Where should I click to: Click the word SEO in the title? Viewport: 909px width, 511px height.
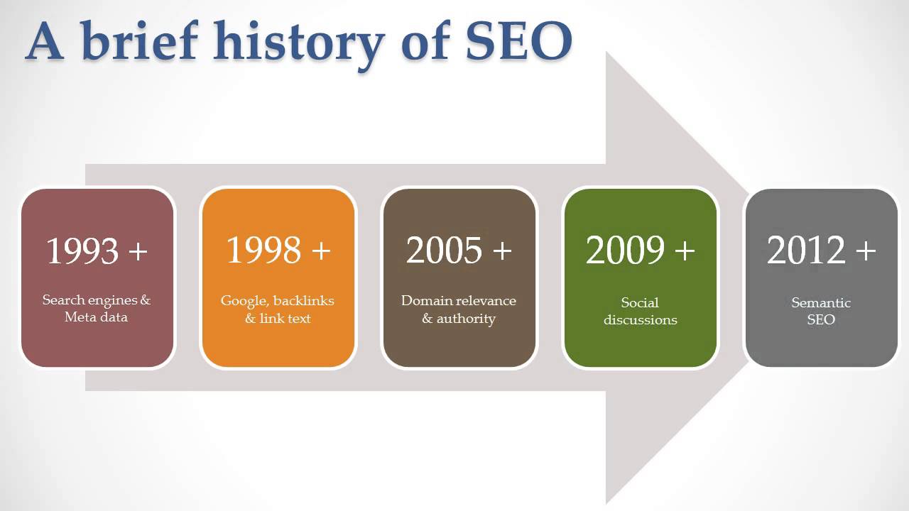[x=519, y=41]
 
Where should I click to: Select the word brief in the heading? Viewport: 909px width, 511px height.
[x=139, y=40]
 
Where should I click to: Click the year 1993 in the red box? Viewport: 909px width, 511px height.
[x=82, y=251]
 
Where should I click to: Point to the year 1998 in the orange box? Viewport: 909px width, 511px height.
[x=263, y=250]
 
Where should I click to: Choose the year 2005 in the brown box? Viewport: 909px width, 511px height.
[x=444, y=250]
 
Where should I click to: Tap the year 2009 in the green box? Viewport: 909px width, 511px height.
[x=625, y=250]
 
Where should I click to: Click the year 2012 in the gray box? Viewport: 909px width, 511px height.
[x=805, y=250]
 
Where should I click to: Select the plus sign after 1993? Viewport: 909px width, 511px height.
[x=138, y=251]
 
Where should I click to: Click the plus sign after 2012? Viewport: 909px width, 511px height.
[x=866, y=251]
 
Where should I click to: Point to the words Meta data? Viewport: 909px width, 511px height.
[x=96, y=317]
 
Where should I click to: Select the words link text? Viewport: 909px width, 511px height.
[x=285, y=318]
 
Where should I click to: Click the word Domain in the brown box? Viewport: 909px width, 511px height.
[x=427, y=300]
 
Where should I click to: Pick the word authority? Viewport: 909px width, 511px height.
[x=466, y=319]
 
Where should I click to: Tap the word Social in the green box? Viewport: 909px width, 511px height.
[x=640, y=302]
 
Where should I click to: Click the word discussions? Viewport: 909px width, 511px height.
[x=641, y=319]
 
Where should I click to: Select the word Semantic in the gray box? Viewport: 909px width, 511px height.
[x=821, y=302]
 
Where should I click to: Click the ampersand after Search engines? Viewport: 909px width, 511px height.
[x=146, y=300]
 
